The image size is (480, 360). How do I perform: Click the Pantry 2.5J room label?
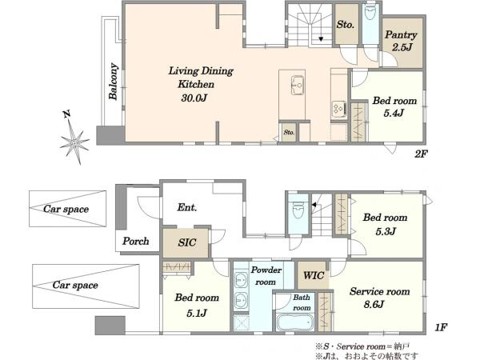(x=401, y=41)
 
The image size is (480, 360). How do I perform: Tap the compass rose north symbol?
(x=74, y=138)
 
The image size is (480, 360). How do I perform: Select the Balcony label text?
(x=114, y=82)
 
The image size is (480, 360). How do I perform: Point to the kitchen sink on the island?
(x=298, y=86)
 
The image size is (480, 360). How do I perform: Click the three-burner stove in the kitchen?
(x=339, y=109)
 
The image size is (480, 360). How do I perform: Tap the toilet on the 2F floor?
(x=370, y=12)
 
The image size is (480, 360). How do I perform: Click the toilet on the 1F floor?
(x=298, y=210)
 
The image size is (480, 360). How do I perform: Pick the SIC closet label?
(x=186, y=242)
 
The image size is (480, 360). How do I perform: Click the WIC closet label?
(x=314, y=275)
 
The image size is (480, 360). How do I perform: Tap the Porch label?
(x=136, y=241)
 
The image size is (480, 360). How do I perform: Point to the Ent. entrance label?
(x=186, y=207)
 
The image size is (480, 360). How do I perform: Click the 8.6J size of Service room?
(x=374, y=305)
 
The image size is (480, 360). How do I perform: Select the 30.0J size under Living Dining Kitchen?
(x=194, y=98)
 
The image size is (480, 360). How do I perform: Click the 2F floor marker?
(x=421, y=154)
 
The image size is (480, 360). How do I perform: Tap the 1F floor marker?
(x=441, y=328)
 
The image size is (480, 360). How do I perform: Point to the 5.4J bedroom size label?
(x=394, y=114)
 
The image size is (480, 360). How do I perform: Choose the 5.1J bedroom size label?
(x=197, y=313)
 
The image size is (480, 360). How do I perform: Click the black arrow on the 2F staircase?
(x=321, y=39)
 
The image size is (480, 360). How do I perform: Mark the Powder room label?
(x=266, y=276)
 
